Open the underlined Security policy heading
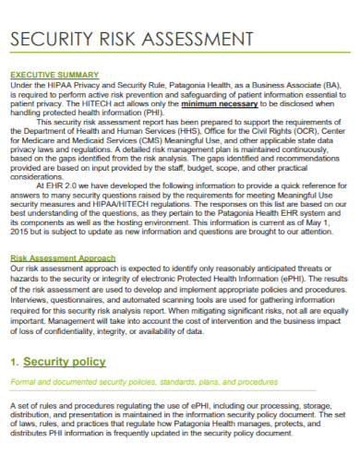pyautogui.click(x=65, y=361)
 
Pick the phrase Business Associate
pyautogui.click(x=281, y=83)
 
